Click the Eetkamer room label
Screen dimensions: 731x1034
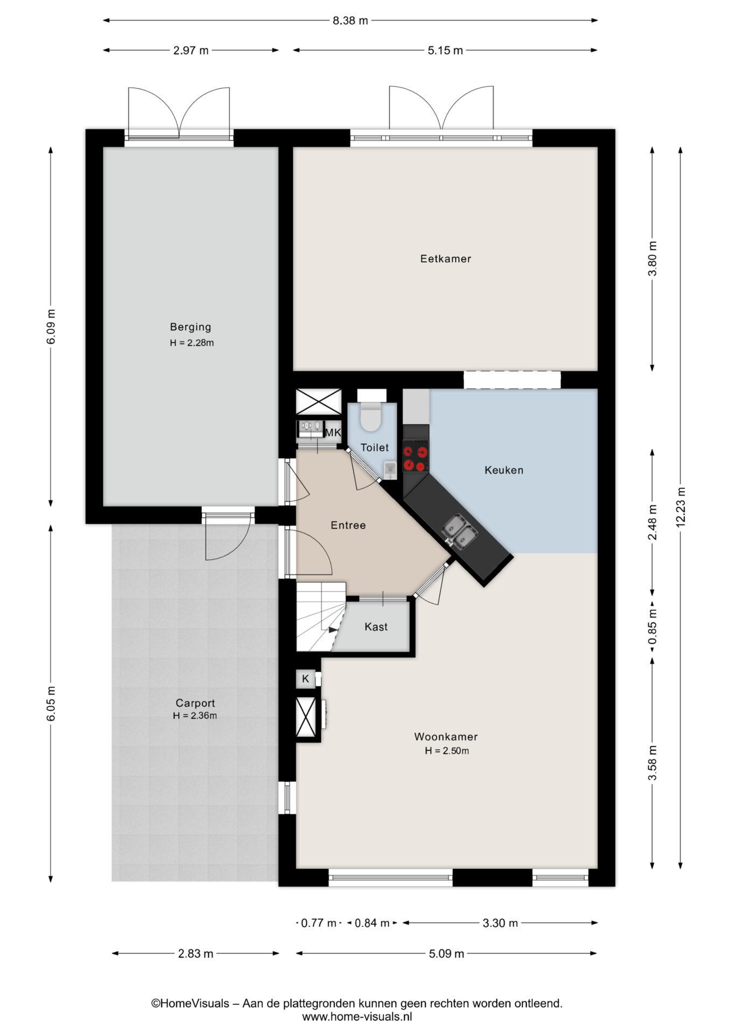pos(445,258)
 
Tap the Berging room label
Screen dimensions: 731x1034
pos(191,327)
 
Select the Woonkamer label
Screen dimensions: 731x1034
pos(446,737)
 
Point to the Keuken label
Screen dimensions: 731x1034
pos(504,470)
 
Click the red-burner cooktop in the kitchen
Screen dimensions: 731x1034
pos(416,456)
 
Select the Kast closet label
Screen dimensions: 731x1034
pos(376,627)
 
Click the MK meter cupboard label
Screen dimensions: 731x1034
pos(333,432)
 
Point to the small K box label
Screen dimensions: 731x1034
pos(305,679)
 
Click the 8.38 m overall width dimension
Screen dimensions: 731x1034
pos(350,20)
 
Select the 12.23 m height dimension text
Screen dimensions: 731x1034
pos(681,507)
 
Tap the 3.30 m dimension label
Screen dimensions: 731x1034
pos(500,923)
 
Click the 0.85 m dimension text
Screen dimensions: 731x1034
pos(652,626)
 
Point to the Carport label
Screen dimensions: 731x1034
pos(195,703)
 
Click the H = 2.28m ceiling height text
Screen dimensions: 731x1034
pos(192,343)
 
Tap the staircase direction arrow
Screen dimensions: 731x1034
pos(333,629)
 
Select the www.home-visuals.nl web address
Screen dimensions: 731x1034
pos(357,1017)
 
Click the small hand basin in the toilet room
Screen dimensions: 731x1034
pos(390,470)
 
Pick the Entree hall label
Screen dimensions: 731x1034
pos(348,525)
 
